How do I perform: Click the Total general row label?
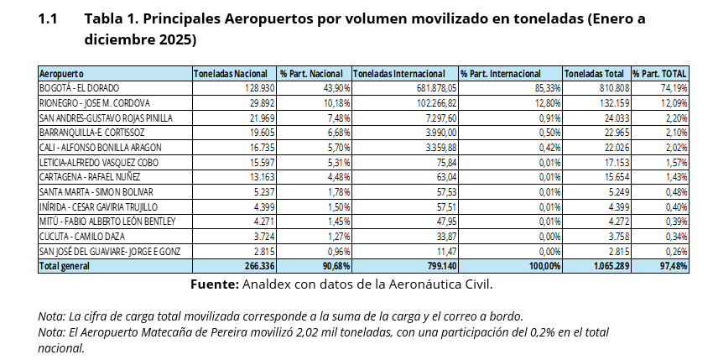65,266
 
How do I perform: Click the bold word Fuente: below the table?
214,284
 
